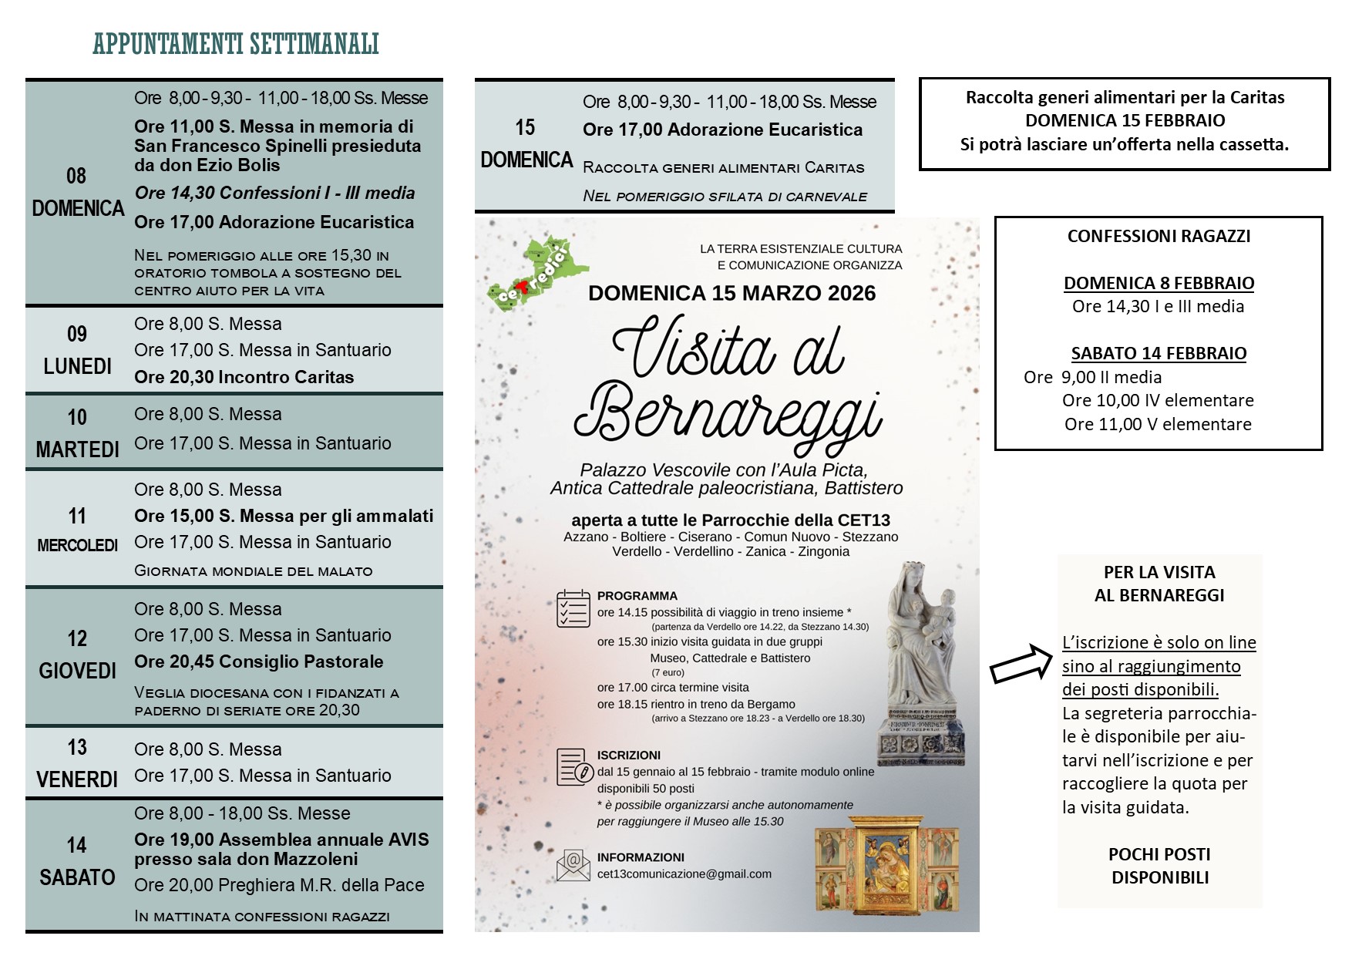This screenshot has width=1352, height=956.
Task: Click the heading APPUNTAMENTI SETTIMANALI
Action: pos(236,44)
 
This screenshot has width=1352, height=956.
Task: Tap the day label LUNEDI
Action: pos(77,366)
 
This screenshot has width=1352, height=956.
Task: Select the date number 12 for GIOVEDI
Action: pos(77,638)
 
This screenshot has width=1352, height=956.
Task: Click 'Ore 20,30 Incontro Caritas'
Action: pos(244,377)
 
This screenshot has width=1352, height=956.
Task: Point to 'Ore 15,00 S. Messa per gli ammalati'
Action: pos(284,516)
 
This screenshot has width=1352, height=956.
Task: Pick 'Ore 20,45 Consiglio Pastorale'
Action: pos(258,661)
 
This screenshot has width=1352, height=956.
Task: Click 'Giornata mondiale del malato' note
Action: pos(253,571)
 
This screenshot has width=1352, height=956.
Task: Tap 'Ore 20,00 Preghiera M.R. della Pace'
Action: pos(279,885)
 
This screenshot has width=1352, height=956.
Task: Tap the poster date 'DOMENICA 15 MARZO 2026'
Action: pos(731,294)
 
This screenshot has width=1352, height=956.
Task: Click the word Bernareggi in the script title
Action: pos(728,415)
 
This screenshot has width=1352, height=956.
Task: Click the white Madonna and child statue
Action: pos(922,663)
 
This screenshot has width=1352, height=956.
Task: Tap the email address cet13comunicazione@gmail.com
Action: pos(684,874)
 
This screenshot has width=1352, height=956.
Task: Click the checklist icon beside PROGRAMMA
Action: pos(573,609)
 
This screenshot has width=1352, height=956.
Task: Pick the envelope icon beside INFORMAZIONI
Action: pos(573,865)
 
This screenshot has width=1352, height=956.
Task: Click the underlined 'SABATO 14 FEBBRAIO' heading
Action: pos(1159,354)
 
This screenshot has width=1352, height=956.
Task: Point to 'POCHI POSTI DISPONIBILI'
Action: pos(1159,866)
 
